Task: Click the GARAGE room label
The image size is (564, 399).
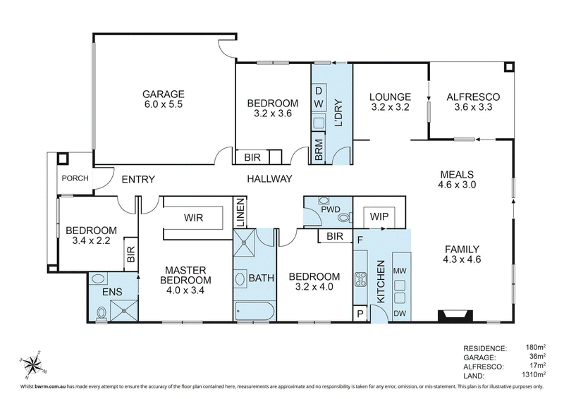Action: (x=163, y=93)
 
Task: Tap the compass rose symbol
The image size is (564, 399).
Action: (x=32, y=364)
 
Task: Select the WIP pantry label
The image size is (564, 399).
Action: (x=379, y=218)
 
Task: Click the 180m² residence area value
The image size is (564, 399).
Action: (x=536, y=348)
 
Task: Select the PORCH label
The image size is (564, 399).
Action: (x=75, y=178)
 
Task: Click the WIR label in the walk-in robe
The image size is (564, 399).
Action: (x=194, y=218)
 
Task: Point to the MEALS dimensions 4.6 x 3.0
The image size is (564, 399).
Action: (x=458, y=186)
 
